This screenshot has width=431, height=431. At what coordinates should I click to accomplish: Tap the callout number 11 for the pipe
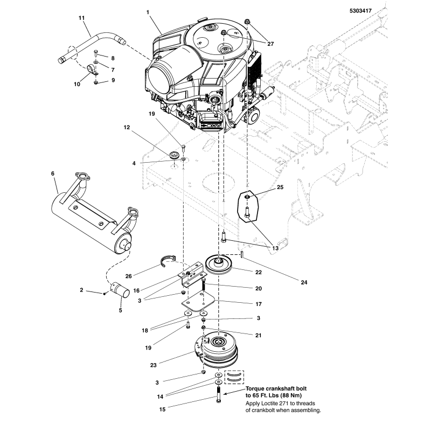(x=82, y=18)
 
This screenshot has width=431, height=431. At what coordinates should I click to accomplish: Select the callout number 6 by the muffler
(x=53, y=173)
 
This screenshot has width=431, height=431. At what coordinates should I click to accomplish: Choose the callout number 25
(x=280, y=187)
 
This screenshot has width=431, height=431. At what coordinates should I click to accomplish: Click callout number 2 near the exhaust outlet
(x=81, y=290)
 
